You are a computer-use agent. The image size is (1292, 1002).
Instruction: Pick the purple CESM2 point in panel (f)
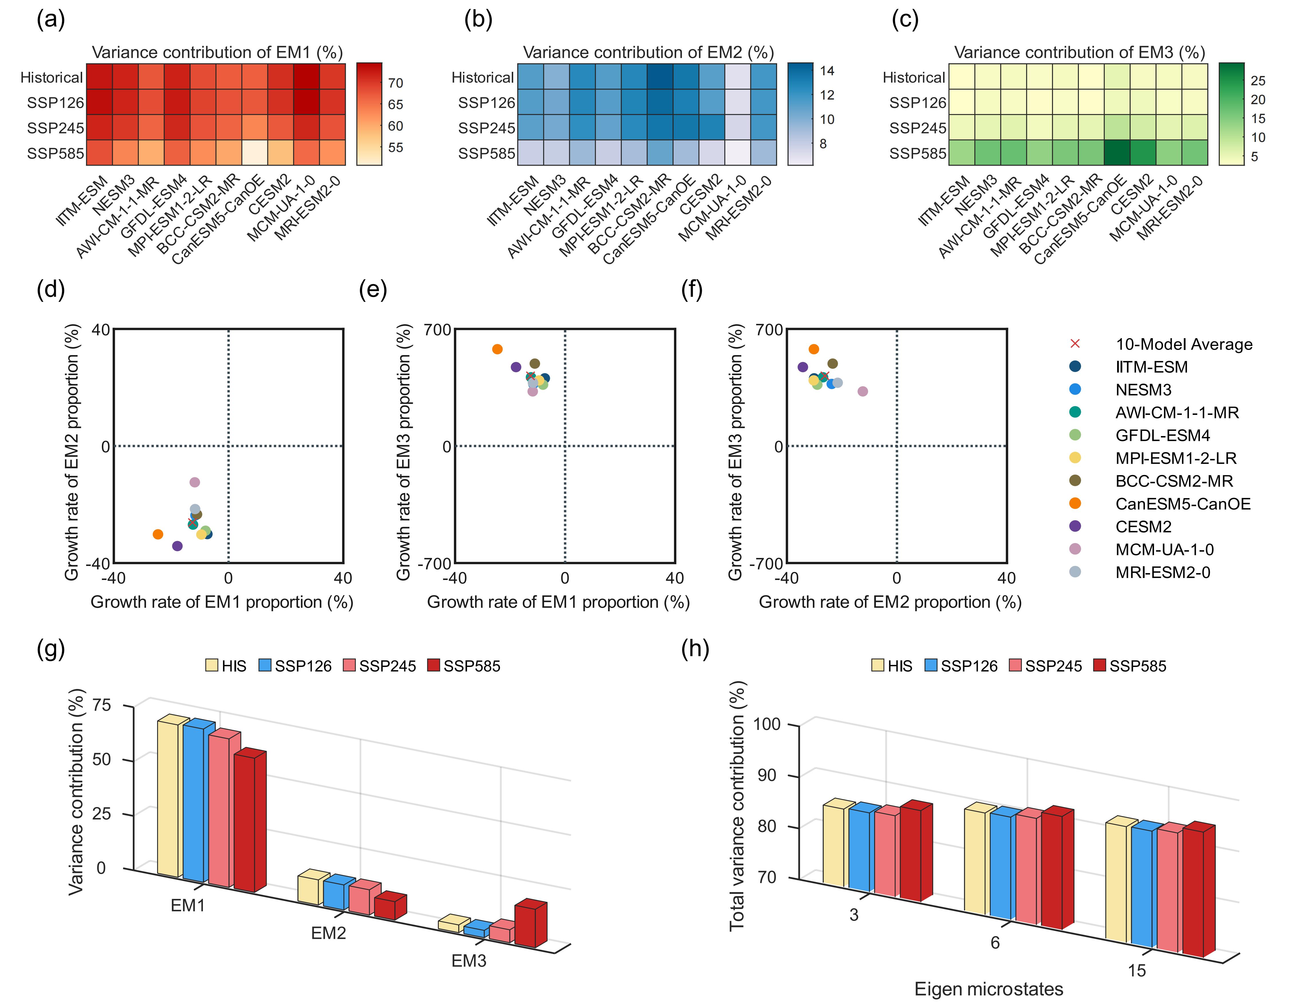tap(803, 367)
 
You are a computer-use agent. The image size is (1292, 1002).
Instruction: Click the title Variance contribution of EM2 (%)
tap(648, 53)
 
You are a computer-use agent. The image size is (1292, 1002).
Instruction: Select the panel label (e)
tap(373, 290)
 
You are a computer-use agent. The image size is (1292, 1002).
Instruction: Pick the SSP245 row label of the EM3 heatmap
tap(918, 128)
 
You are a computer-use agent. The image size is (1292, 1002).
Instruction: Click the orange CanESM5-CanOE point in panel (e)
tap(497, 349)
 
